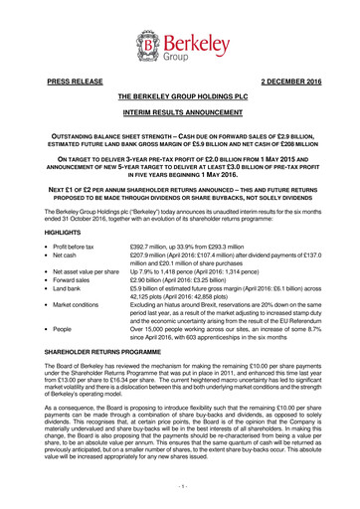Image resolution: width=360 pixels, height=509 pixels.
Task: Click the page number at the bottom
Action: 179,486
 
